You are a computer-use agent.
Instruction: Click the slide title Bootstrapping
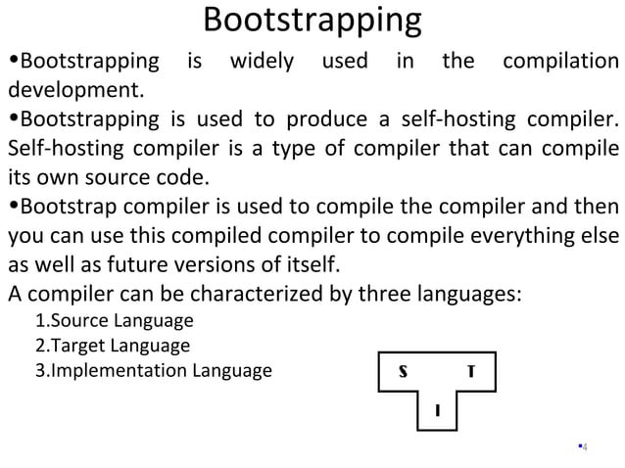[312, 21]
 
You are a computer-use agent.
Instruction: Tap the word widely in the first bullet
[261, 63]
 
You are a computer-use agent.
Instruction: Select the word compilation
[559, 63]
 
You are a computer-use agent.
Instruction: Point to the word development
[75, 93]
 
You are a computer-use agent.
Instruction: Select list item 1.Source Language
[114, 322]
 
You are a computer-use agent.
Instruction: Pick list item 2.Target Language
[112, 347]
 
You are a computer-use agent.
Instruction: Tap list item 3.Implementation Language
[153, 371]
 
